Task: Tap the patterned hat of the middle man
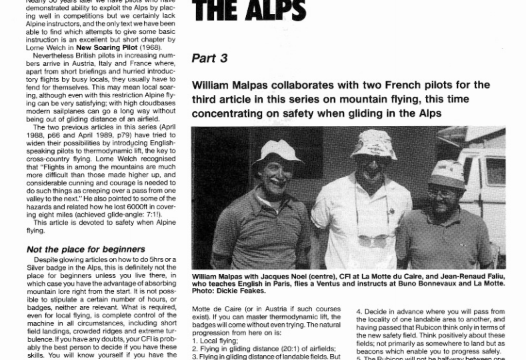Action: pos(374,142)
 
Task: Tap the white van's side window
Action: pos(495,171)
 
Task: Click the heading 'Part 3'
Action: pos(209,59)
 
